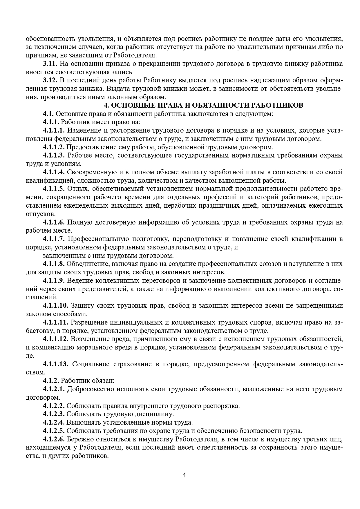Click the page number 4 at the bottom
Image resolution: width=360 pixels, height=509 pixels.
(184, 475)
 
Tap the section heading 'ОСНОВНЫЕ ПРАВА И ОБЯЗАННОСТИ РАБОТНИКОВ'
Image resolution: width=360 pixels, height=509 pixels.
(203, 105)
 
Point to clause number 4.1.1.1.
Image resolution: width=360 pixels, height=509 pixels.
(54, 131)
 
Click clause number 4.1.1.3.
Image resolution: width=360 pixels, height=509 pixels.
(54, 155)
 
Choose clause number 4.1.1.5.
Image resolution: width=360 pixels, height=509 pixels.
(54, 189)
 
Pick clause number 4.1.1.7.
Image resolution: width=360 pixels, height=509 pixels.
(54, 239)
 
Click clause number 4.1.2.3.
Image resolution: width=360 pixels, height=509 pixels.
(54, 414)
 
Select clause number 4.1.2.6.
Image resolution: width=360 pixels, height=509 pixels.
(54, 439)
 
